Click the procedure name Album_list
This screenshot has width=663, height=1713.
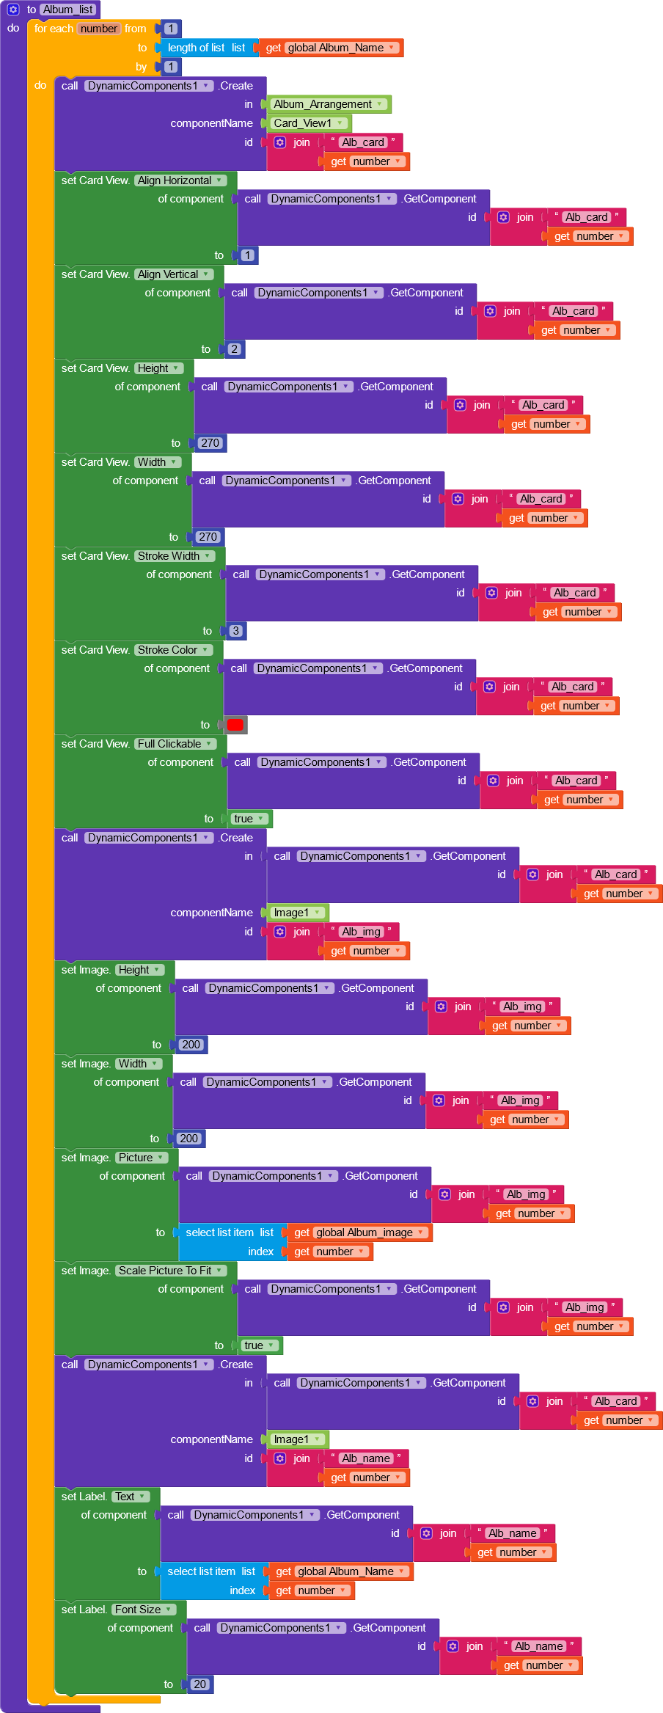pyautogui.click(x=68, y=10)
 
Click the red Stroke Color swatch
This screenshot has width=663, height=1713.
pyautogui.click(x=235, y=725)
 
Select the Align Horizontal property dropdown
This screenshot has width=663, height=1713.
pyautogui.click(x=180, y=180)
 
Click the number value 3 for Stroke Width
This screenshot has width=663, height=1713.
pyautogui.click(x=235, y=631)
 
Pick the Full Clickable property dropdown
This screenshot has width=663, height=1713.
pyautogui.click(x=175, y=744)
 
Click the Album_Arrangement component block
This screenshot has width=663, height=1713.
pyautogui.click(x=329, y=104)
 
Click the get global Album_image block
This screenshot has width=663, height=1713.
pyautogui.click(x=359, y=1232)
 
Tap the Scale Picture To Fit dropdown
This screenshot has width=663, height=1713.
pyautogui.click(x=171, y=1271)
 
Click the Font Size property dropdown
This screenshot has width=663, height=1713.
pyautogui.click(x=144, y=1610)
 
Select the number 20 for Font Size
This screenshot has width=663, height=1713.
pyautogui.click(x=200, y=1684)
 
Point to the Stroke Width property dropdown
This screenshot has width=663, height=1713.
pyautogui.click(x=175, y=556)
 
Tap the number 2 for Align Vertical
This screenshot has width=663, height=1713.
pyautogui.click(x=234, y=349)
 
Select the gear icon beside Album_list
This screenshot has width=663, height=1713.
pyautogui.click(x=13, y=10)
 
